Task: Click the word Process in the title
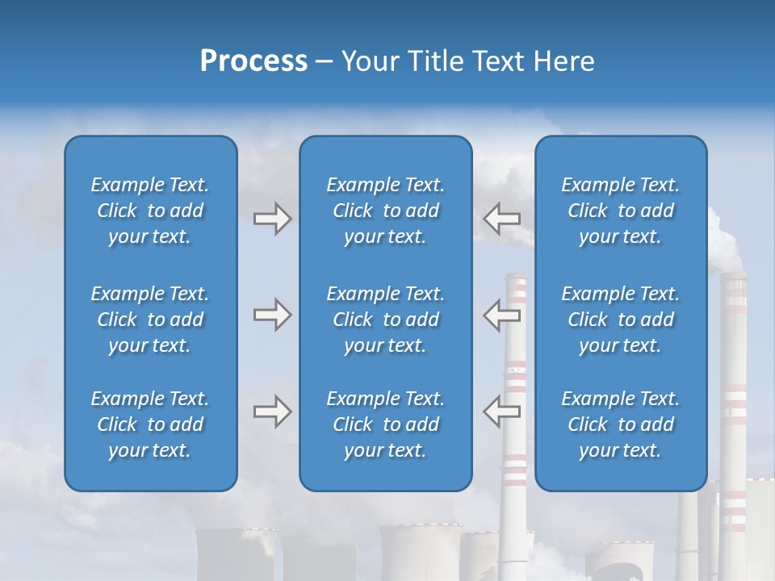tap(253, 61)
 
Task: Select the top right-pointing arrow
tap(272, 219)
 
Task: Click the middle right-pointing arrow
tap(272, 315)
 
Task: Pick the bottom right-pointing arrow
tap(272, 412)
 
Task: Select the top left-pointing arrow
tap(501, 219)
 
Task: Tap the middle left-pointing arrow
tap(501, 315)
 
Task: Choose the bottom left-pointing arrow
tap(501, 412)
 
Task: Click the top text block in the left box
tap(150, 211)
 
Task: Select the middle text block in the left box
tap(150, 320)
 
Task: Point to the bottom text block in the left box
tap(150, 424)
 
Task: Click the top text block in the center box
tap(385, 211)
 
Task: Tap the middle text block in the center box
tap(385, 320)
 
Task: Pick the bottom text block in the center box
tap(385, 424)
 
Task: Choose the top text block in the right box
tap(620, 211)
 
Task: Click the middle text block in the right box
tap(620, 320)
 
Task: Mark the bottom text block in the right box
tap(620, 424)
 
